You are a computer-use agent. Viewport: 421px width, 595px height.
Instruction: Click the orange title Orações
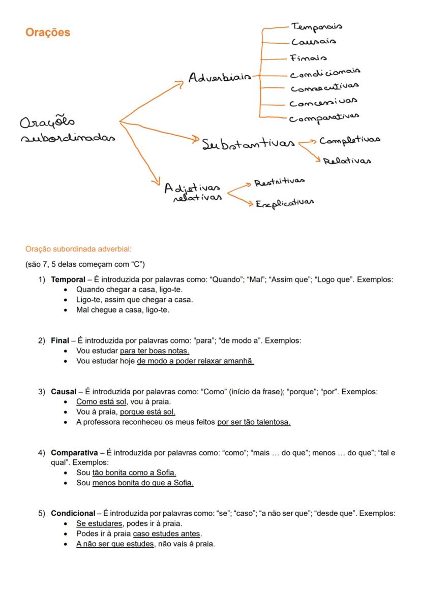(48, 33)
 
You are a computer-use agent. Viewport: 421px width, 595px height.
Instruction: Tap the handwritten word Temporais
(316, 26)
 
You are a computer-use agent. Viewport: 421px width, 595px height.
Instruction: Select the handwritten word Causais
(313, 42)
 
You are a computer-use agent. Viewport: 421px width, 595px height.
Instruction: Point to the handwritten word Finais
(309, 58)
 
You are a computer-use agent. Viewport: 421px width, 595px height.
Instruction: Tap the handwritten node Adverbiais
(220, 78)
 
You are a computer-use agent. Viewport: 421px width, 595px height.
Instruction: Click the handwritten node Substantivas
(248, 144)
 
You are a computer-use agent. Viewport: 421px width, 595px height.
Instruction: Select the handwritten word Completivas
(349, 140)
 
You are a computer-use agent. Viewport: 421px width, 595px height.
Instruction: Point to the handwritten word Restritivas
(279, 181)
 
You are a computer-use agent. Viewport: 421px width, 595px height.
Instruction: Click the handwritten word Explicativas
(284, 203)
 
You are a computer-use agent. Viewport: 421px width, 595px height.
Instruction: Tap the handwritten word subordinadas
(68, 138)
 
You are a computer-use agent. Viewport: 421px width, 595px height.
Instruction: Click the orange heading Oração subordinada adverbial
(78, 249)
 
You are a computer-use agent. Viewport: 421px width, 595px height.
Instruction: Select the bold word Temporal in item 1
(68, 279)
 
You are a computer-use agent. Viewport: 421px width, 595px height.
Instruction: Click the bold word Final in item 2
(59, 340)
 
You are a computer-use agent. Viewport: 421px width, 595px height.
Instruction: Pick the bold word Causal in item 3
(63, 392)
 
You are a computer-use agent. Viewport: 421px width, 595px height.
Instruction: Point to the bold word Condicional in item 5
(73, 513)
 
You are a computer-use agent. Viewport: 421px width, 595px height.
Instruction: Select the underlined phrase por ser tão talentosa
(254, 422)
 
